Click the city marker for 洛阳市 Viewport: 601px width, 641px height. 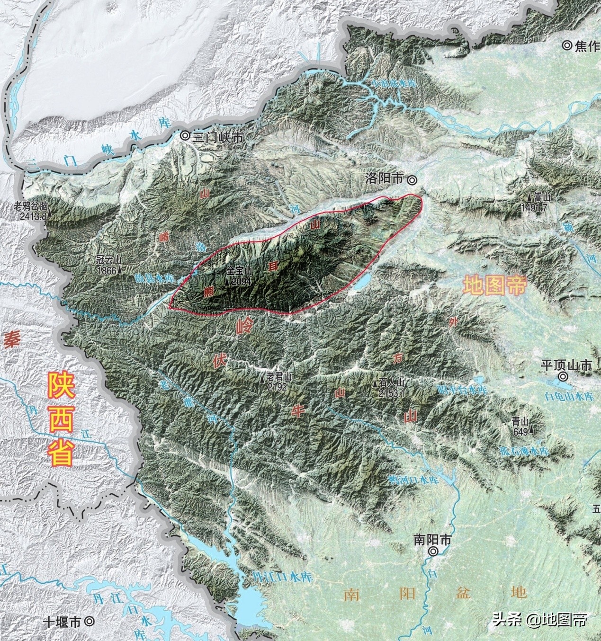coord(413,179)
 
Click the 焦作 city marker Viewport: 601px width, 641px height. coord(567,45)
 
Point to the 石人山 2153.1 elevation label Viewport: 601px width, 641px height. coord(391,388)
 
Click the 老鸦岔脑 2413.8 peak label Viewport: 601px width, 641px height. coord(31,211)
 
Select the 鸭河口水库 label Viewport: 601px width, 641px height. coord(413,480)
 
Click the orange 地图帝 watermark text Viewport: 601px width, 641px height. coord(494,286)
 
